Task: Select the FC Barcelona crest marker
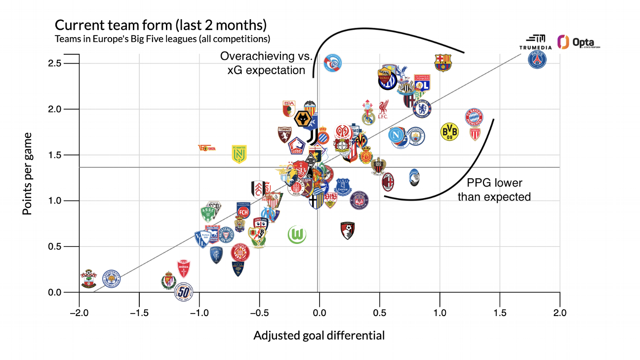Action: click(x=442, y=63)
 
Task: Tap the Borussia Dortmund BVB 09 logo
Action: click(x=449, y=131)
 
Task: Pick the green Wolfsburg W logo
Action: click(x=297, y=235)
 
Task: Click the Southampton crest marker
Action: click(x=88, y=279)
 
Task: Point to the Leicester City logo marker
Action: click(x=112, y=280)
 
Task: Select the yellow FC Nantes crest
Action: click(x=240, y=154)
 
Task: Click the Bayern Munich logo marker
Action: click(x=474, y=117)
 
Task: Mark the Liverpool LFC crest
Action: click(x=383, y=110)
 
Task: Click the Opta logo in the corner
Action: click(x=578, y=42)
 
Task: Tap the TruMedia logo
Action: click(x=535, y=42)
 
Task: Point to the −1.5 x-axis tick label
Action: click(x=139, y=313)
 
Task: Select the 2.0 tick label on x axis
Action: click(x=560, y=313)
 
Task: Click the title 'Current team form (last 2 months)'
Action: click(x=160, y=26)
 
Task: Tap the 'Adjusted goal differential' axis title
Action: click(x=319, y=336)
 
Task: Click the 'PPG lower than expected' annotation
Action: click(x=494, y=190)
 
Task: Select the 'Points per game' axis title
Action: click(x=28, y=173)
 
